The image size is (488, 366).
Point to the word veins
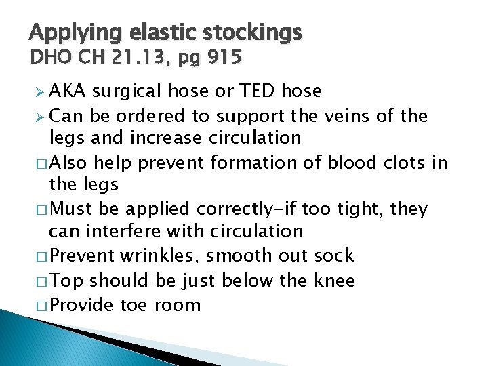tap(341, 116)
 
